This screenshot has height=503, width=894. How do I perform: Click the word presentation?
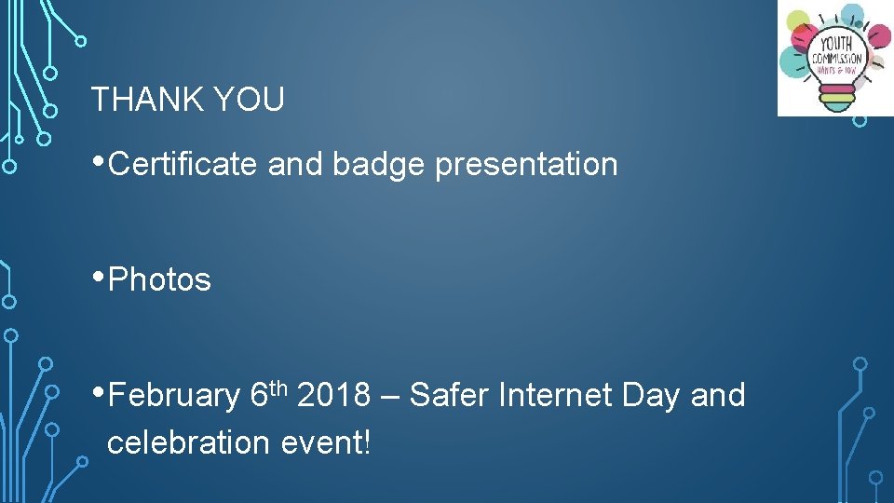pos(526,166)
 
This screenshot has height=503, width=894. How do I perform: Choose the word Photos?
pos(160,279)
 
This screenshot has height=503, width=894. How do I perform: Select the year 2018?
pos(333,396)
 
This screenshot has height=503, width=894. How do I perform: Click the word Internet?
pos(555,396)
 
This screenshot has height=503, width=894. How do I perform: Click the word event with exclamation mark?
pos(326,442)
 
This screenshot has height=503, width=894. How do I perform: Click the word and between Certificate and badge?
pos(294,164)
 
